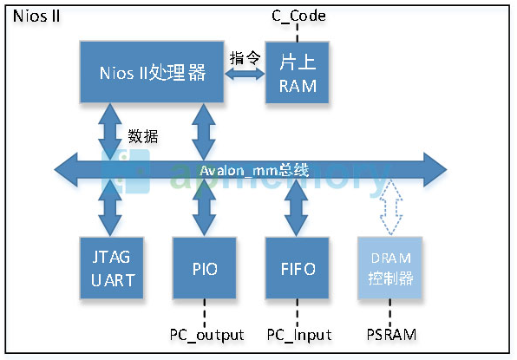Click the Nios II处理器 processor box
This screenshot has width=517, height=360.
point(153,73)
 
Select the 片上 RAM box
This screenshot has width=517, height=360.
point(297,75)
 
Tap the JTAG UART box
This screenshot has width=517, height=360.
point(110,269)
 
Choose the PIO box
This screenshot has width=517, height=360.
point(204,270)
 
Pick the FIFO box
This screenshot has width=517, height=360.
point(297,270)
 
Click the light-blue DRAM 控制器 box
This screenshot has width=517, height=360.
point(392,270)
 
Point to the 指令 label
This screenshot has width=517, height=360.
point(245,58)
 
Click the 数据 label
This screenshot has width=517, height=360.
point(143,136)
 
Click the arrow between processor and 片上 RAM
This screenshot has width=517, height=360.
point(245,75)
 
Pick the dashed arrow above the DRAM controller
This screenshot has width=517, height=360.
point(392,206)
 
